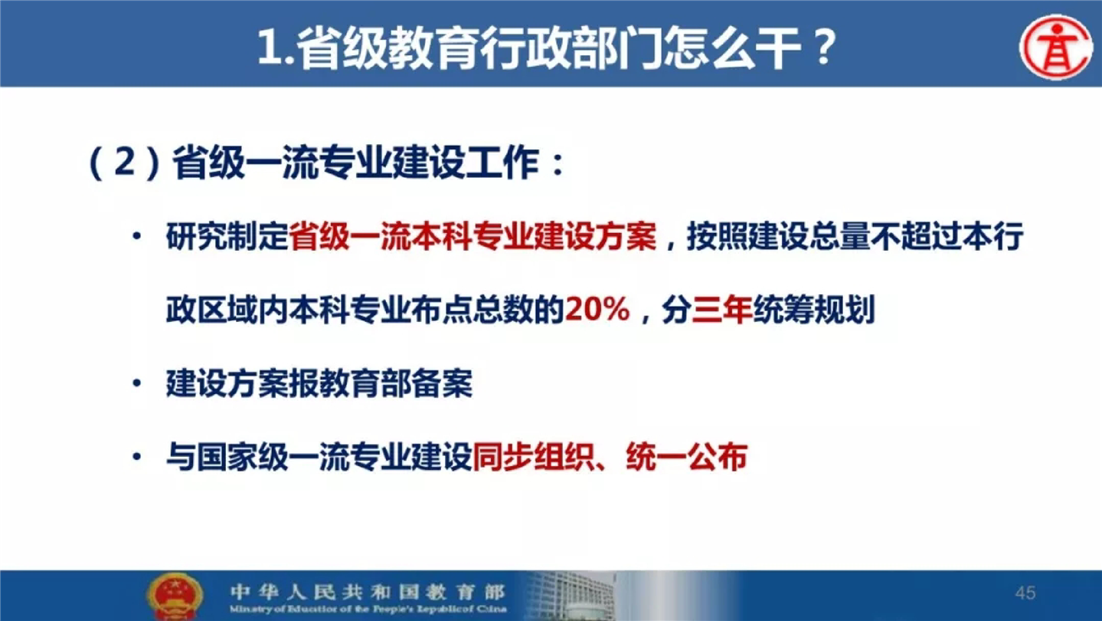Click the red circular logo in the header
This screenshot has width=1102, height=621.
pos(1056,47)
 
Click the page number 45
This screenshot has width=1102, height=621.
pos(1025,593)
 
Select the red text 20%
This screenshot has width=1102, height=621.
pos(597,309)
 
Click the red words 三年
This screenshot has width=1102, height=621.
pos(721,310)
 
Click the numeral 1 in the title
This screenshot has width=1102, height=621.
pos(270,48)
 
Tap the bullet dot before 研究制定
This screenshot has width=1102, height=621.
pos(137,236)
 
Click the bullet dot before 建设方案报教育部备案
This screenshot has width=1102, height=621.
pos(137,383)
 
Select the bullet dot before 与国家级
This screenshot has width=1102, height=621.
pos(137,457)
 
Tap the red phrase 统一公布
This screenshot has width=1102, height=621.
pos(687,457)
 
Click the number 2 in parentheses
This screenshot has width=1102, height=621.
pos(125,162)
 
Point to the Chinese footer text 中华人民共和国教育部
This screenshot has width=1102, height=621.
pos(367,591)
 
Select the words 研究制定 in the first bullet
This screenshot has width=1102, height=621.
pos(227,236)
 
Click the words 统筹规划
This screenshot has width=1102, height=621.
pos(814,310)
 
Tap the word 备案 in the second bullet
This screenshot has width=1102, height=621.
pos(442,383)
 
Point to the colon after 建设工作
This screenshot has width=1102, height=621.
pos(558,164)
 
